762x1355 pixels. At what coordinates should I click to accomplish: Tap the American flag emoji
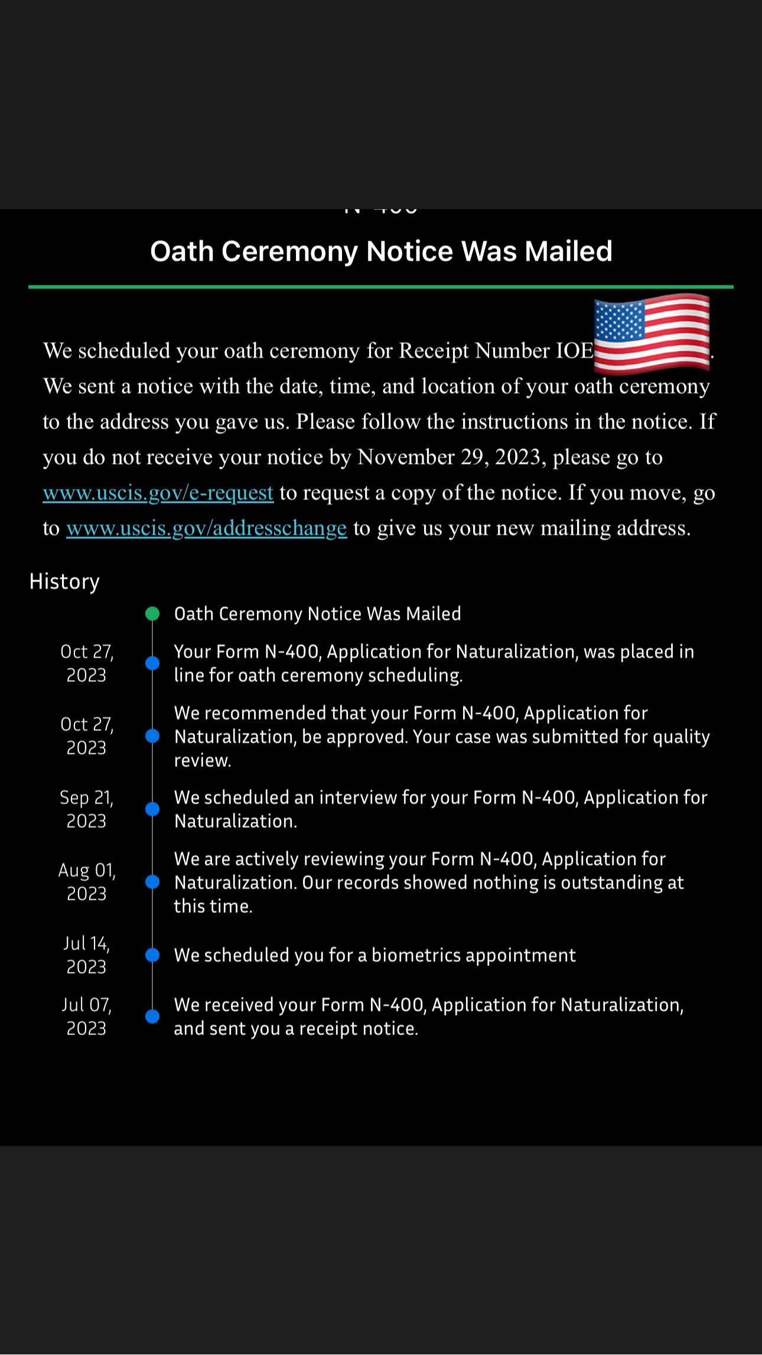[652, 334]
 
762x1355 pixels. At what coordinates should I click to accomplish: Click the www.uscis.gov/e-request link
[158, 493]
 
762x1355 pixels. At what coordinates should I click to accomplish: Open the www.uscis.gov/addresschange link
[206, 528]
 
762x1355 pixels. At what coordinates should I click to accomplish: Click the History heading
[64, 582]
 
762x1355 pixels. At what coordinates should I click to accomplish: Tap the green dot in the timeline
[152, 614]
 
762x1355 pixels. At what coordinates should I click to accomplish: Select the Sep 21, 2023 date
[86, 809]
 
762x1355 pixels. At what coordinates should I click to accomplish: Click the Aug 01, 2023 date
[86, 882]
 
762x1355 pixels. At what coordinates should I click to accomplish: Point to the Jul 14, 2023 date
[86, 955]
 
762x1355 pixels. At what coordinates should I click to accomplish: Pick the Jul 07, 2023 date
[86, 1017]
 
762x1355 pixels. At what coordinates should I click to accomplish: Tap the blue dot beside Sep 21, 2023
[152, 809]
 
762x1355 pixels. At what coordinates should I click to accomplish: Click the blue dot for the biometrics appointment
[152, 955]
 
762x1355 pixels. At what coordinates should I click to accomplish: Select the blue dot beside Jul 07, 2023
[152, 1017]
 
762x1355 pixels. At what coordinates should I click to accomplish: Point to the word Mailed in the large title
[568, 252]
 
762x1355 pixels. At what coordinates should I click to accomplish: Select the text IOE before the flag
[575, 351]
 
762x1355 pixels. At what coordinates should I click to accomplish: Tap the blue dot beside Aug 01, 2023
[152, 882]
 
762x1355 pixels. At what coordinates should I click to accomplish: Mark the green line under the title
[381, 287]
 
